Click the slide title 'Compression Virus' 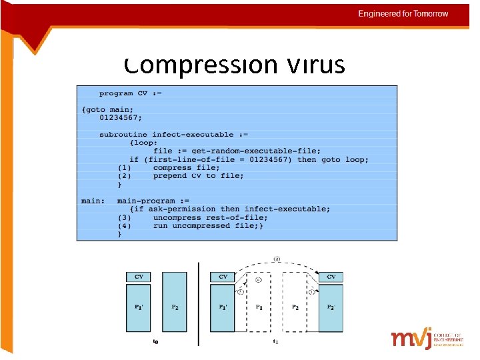(x=234, y=65)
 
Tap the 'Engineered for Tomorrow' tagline (x=403, y=14)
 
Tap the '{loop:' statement (x=145, y=143)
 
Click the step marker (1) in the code (x=125, y=168)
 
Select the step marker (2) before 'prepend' (x=125, y=176)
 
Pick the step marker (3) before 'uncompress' (x=125, y=217)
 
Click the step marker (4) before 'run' (x=125, y=226)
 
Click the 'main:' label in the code (x=93, y=201)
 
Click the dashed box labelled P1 (x=259, y=307)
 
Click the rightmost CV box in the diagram (x=331, y=277)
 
